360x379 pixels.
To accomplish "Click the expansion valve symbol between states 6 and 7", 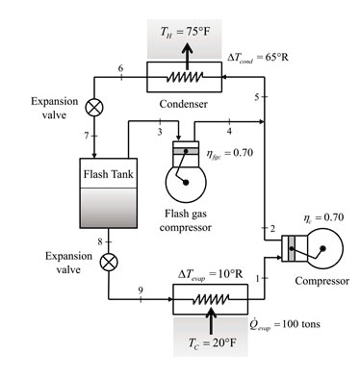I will point(94,107).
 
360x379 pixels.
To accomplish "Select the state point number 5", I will point(257,98).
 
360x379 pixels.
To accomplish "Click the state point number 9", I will point(141,291).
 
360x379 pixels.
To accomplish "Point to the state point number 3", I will point(160,130).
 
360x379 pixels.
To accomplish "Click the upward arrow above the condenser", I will point(181,54).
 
